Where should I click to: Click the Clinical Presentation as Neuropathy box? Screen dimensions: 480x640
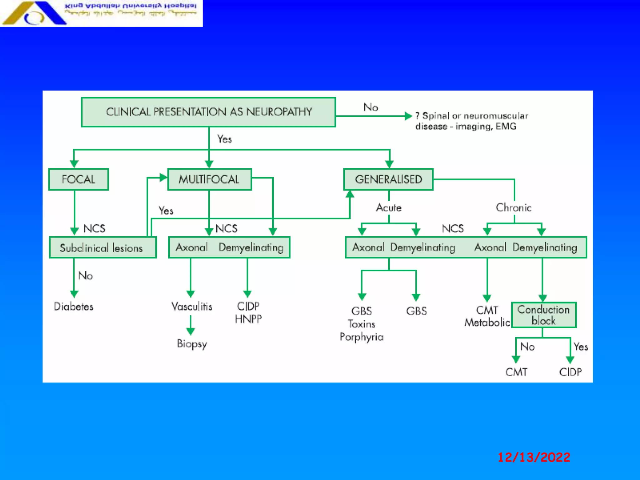208,112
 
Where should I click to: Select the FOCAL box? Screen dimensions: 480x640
78,179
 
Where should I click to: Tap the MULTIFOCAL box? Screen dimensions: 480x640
209,179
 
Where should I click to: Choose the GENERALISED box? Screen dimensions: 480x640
388,179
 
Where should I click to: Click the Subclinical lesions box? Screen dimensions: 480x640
102,248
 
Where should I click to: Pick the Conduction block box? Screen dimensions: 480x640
543,315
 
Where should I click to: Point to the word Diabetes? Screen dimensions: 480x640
73,306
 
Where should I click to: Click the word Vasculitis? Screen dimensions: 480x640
192,306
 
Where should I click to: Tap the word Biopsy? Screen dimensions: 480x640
192,344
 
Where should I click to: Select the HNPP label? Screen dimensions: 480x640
248,319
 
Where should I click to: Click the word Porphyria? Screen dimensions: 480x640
362,337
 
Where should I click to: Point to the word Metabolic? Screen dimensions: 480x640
487,322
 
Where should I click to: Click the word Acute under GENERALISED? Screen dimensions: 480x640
388,208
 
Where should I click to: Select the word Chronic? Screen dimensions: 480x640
513,208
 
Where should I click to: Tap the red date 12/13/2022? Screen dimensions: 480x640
534,457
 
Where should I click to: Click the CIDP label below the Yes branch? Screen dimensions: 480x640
570,372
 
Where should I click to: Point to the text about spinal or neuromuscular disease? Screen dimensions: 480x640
471,121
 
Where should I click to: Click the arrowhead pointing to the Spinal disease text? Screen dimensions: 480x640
408,116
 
